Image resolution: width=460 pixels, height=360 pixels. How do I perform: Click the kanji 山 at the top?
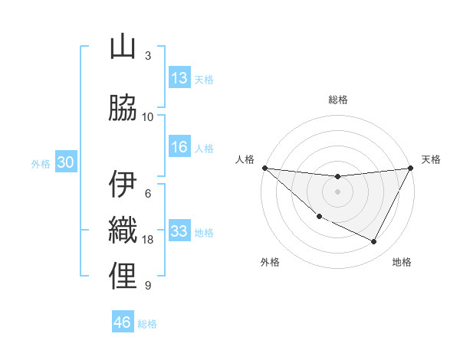point(123,48)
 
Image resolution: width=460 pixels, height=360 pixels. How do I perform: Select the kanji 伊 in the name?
point(123,185)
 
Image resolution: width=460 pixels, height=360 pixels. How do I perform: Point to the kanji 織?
point(123,231)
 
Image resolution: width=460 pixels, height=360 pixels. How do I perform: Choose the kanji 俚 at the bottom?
point(123,277)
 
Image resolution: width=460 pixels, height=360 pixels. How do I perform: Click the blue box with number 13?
point(179,78)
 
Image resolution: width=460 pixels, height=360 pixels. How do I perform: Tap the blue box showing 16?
point(179,148)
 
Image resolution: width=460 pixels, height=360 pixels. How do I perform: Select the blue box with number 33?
point(179,232)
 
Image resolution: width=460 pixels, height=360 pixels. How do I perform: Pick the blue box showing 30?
point(65,162)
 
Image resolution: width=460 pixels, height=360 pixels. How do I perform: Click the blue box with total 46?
point(123,322)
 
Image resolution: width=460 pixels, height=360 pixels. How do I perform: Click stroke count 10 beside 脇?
point(148,117)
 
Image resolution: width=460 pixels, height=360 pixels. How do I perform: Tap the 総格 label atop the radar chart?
point(338,100)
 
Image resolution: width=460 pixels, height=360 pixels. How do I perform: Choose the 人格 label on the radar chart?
point(245,159)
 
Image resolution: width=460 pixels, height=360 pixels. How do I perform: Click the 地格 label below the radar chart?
point(402,263)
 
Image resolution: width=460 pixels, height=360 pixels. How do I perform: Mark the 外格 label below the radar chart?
point(270,263)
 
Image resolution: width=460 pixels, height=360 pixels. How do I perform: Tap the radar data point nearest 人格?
point(264,168)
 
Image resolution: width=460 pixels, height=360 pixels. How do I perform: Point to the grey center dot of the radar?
point(338,191)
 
